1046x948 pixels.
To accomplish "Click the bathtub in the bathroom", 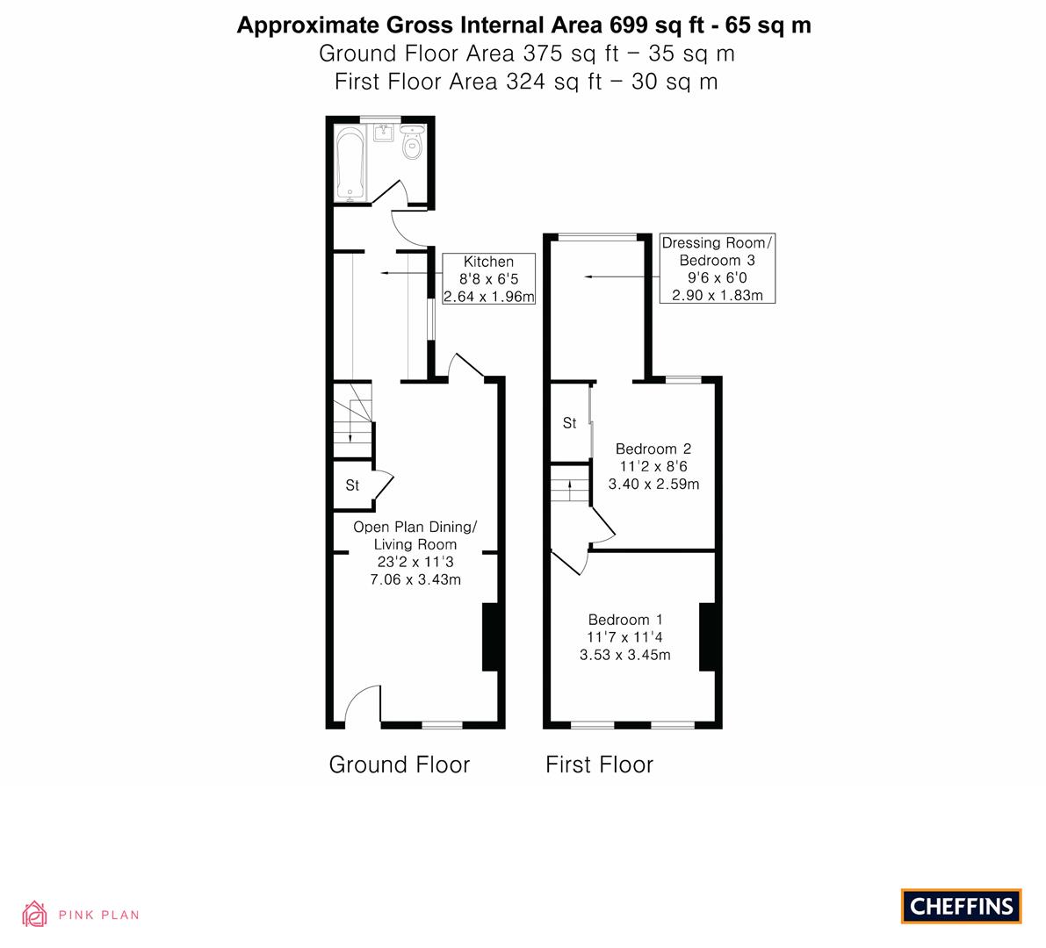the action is [x=350, y=163].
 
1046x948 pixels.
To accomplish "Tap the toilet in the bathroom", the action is [x=413, y=143].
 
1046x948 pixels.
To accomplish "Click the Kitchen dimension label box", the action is [x=489, y=279].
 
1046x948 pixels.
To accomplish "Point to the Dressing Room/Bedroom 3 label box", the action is [x=718, y=269].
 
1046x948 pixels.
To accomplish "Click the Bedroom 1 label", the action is [x=625, y=637].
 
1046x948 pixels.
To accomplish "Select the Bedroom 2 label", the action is [x=653, y=467].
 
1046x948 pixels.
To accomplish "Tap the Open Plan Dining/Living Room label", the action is [x=415, y=553].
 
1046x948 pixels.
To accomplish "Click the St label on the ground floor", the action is [x=352, y=485].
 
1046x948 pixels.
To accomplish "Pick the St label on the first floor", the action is [x=570, y=423].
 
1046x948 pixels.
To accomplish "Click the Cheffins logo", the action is [x=962, y=906].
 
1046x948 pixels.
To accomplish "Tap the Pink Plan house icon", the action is [x=34, y=914].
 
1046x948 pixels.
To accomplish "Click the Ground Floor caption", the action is [x=400, y=764].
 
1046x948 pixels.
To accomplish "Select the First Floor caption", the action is [x=599, y=764].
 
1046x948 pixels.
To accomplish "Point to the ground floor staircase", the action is [x=352, y=420].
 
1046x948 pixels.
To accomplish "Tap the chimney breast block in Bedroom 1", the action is [x=707, y=636].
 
